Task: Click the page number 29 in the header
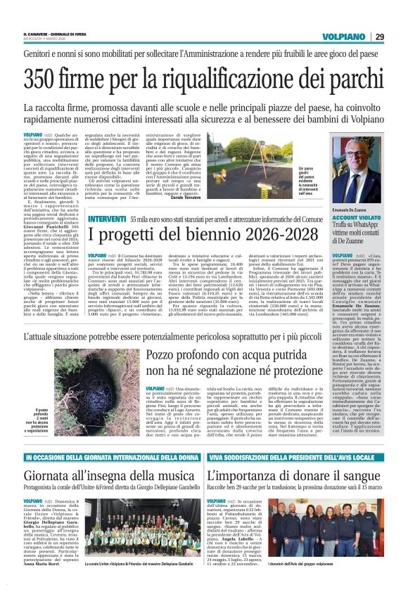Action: pos(379,37)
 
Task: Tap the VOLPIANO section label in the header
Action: pos(345,37)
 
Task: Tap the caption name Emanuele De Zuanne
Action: pos(357,210)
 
